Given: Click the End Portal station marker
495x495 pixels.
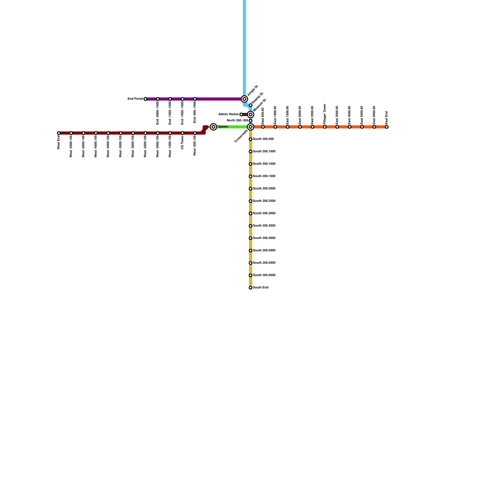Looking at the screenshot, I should click(145, 99).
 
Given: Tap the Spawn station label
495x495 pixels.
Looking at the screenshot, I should click(223, 127).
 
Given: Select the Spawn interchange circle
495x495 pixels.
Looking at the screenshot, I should click(213, 127).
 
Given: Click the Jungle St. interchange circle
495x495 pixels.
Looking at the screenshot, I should click(244, 99).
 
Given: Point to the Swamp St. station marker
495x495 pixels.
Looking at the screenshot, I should click(251, 105).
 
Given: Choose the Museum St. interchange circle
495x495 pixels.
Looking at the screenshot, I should click(251, 114).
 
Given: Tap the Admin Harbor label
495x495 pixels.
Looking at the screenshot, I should click(229, 114).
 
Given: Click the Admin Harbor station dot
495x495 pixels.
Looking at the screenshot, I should click(241, 114).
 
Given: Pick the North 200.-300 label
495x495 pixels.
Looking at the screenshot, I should click(237, 121).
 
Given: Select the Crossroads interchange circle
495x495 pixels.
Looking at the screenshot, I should click(251, 127).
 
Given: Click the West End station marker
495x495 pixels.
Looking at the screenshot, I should click(59, 133).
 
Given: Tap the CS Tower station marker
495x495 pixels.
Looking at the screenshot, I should click(183, 133).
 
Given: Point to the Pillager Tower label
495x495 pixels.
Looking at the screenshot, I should click(325, 114).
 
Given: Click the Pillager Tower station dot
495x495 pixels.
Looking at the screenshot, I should click(325, 127).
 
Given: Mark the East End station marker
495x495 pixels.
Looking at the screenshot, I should click(387, 127).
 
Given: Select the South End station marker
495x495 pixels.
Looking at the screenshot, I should click(251, 288).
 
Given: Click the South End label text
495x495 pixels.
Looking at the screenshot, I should click(260, 288).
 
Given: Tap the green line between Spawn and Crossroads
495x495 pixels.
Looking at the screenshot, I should click(232, 127).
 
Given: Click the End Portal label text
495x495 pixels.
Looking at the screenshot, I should click(135, 99).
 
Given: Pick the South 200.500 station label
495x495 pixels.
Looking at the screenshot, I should click(263, 139).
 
